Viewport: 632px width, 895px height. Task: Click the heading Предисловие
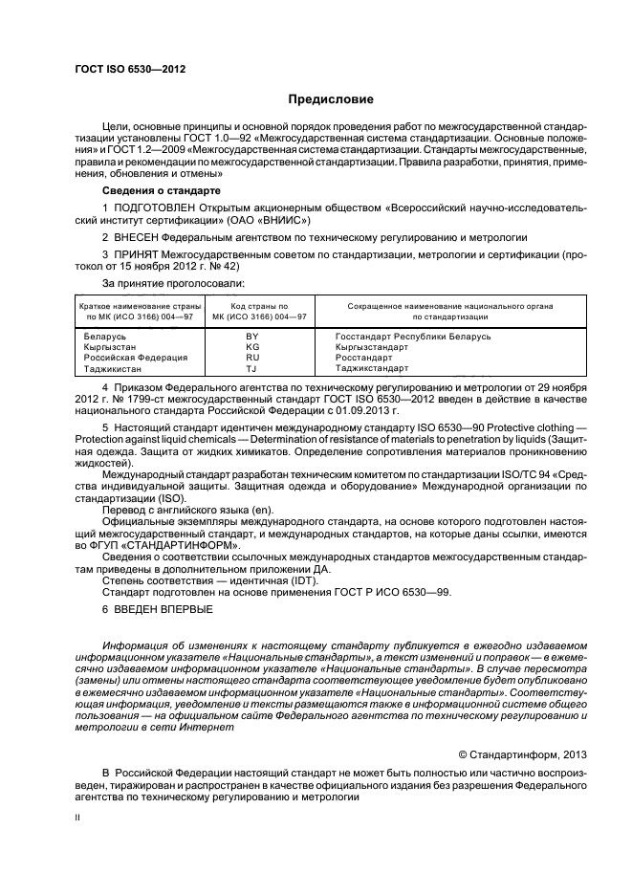[x=332, y=99]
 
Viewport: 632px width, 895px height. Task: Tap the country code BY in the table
[x=252, y=337]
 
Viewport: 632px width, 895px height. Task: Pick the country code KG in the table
[x=252, y=347]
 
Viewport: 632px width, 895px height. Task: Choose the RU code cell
[x=252, y=358]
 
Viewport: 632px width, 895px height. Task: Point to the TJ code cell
[x=252, y=368]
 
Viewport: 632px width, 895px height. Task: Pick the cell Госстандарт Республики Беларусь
[x=413, y=337]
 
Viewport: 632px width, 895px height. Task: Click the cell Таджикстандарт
[x=372, y=368]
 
